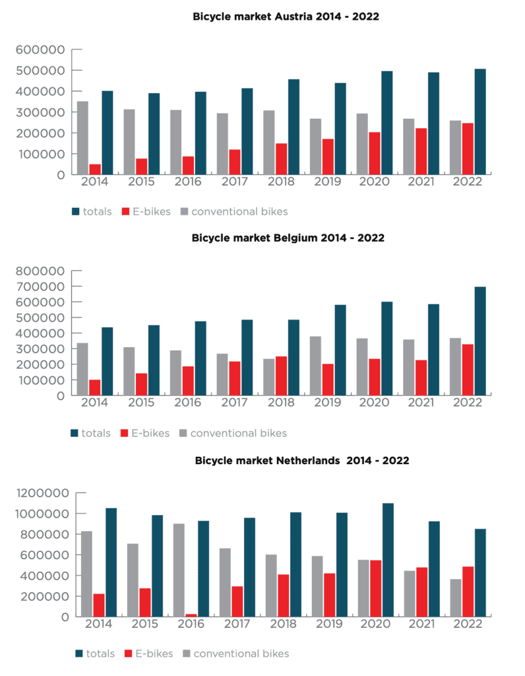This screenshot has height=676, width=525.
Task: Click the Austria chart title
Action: click(286, 17)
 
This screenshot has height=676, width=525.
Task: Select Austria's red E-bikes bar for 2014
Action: click(95, 170)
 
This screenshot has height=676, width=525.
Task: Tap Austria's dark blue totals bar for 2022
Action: click(480, 121)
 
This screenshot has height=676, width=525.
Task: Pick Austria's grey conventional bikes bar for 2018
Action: click(268, 143)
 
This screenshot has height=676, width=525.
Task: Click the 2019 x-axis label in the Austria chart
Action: click(327, 182)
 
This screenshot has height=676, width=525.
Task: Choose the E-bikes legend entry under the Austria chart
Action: click(146, 212)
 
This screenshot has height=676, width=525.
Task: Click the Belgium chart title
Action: click(288, 238)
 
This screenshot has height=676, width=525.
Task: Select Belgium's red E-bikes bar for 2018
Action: click(281, 376)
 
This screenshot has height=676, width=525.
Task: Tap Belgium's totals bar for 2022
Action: click(480, 341)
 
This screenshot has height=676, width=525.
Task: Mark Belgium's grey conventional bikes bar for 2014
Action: click(82, 369)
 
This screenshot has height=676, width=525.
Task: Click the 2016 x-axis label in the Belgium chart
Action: click(188, 403)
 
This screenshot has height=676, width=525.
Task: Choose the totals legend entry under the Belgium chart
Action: click(90, 433)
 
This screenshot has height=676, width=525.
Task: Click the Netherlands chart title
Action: click(302, 460)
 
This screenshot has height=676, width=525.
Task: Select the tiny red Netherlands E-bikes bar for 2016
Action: click(191, 615)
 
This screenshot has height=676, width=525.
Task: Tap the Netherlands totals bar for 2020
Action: click(388, 560)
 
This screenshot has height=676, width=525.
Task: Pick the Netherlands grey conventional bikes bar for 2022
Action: click(456, 598)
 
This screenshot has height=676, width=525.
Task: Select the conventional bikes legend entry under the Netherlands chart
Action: click(236, 654)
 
